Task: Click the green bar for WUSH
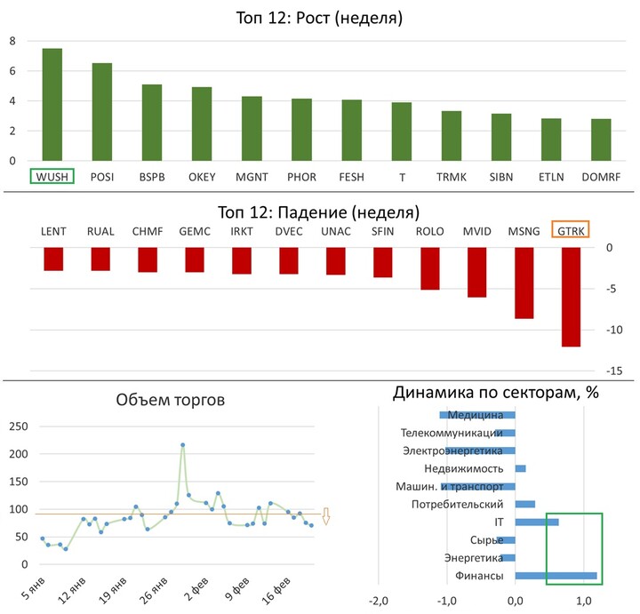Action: click(x=52, y=105)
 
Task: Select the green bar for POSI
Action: click(x=102, y=112)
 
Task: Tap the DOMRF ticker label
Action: click(x=601, y=177)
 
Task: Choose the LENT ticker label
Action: click(x=54, y=231)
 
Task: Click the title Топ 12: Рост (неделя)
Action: click(x=319, y=18)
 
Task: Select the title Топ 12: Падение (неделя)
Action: click(x=319, y=212)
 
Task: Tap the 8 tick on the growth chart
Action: click(x=12, y=41)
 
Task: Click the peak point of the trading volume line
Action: click(x=182, y=445)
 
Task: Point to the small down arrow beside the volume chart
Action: click(x=326, y=516)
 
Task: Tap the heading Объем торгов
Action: click(x=171, y=401)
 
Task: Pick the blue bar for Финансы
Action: click(x=556, y=576)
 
